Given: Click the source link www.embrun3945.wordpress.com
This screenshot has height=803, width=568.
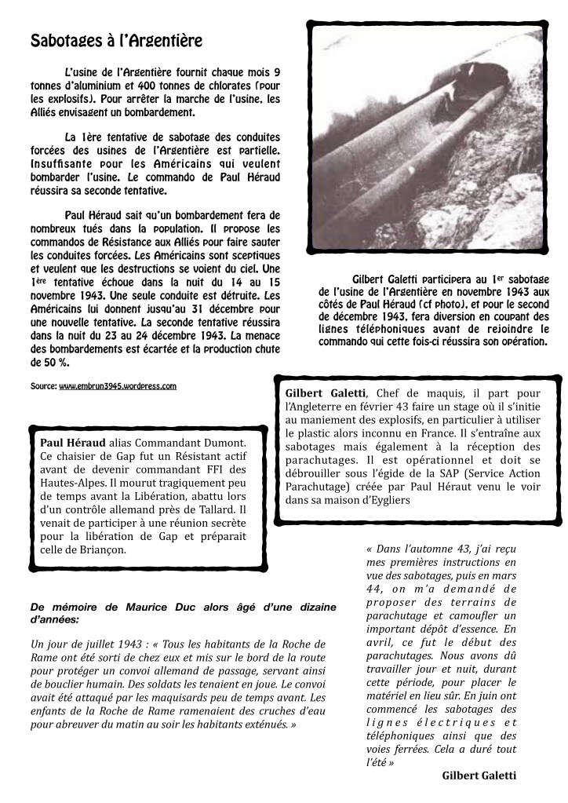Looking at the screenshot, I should point(118,386).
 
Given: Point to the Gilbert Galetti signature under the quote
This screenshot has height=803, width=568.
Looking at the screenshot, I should point(479,776).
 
